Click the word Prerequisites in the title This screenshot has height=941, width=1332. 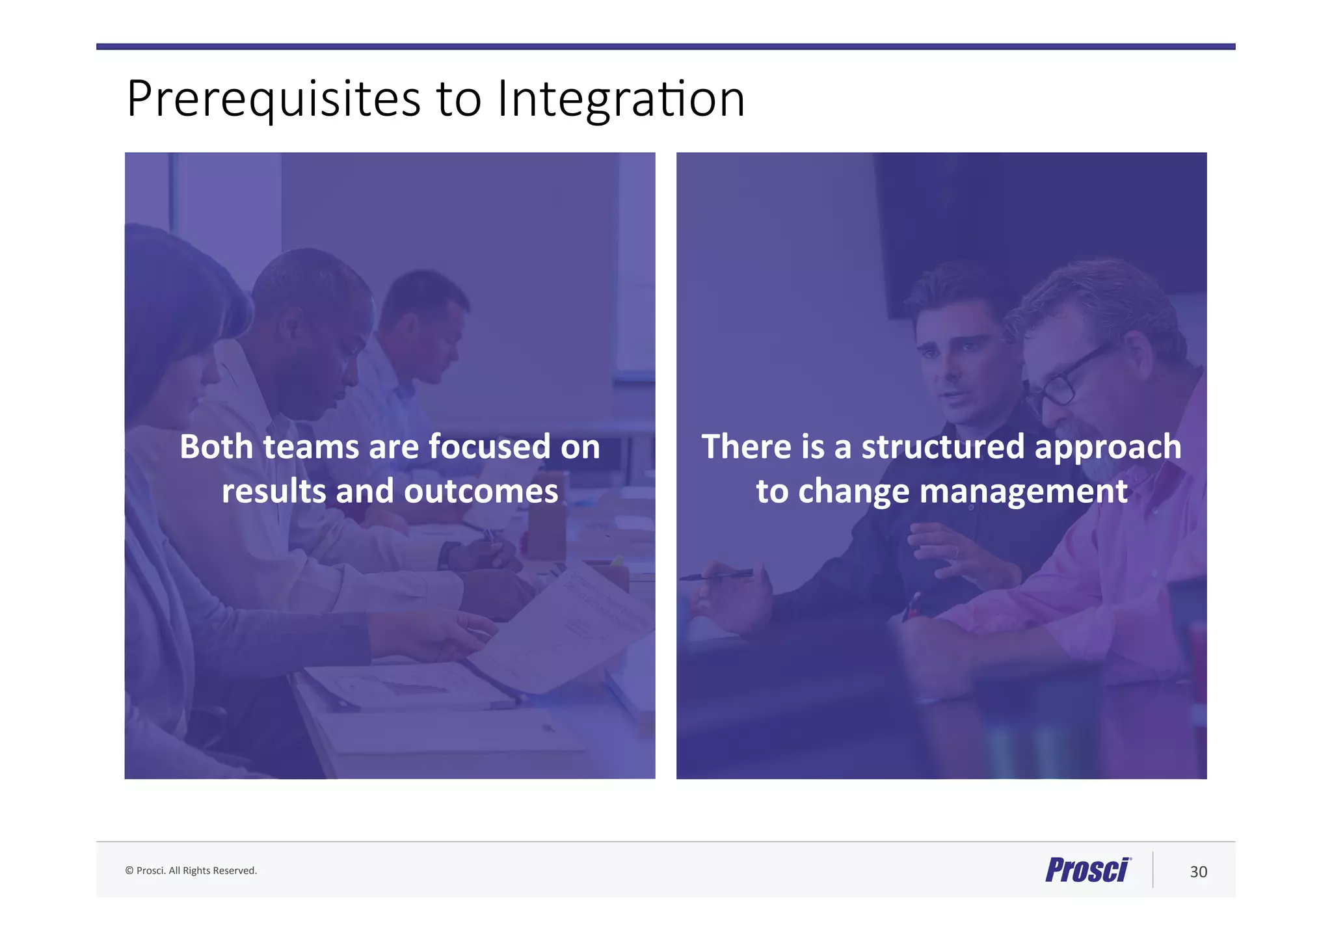pyautogui.click(x=273, y=99)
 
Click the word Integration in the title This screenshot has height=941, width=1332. pyautogui.click(x=620, y=99)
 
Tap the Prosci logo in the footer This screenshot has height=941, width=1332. pyautogui.click(x=1088, y=869)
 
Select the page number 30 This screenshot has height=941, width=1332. pyautogui.click(x=1198, y=872)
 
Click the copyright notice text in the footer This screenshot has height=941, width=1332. pyautogui.click(x=191, y=871)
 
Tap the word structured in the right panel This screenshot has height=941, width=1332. pyautogui.click(x=943, y=447)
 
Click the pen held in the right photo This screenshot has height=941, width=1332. pyautogui.click(x=715, y=576)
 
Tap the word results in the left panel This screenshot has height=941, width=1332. pyautogui.click(x=274, y=492)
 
